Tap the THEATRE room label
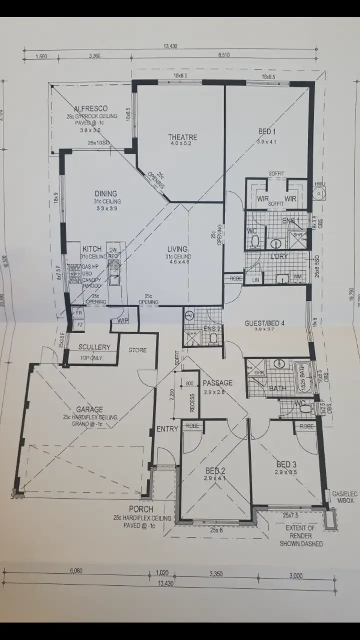pos(182,137)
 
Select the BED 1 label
pos(267,132)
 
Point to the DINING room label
pos(106,194)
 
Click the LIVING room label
pos(177,249)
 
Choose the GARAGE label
pos(89,409)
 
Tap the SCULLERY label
pos(94,347)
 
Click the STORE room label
pos(137,350)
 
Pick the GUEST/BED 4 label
pos(264,323)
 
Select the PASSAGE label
pos(217,383)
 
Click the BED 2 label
pos(215,470)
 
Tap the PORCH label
pos(141,509)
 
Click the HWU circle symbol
pos(319,195)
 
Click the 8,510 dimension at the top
pos(224,56)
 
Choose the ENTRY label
pos(167,429)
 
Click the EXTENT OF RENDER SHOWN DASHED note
pos(300,536)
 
